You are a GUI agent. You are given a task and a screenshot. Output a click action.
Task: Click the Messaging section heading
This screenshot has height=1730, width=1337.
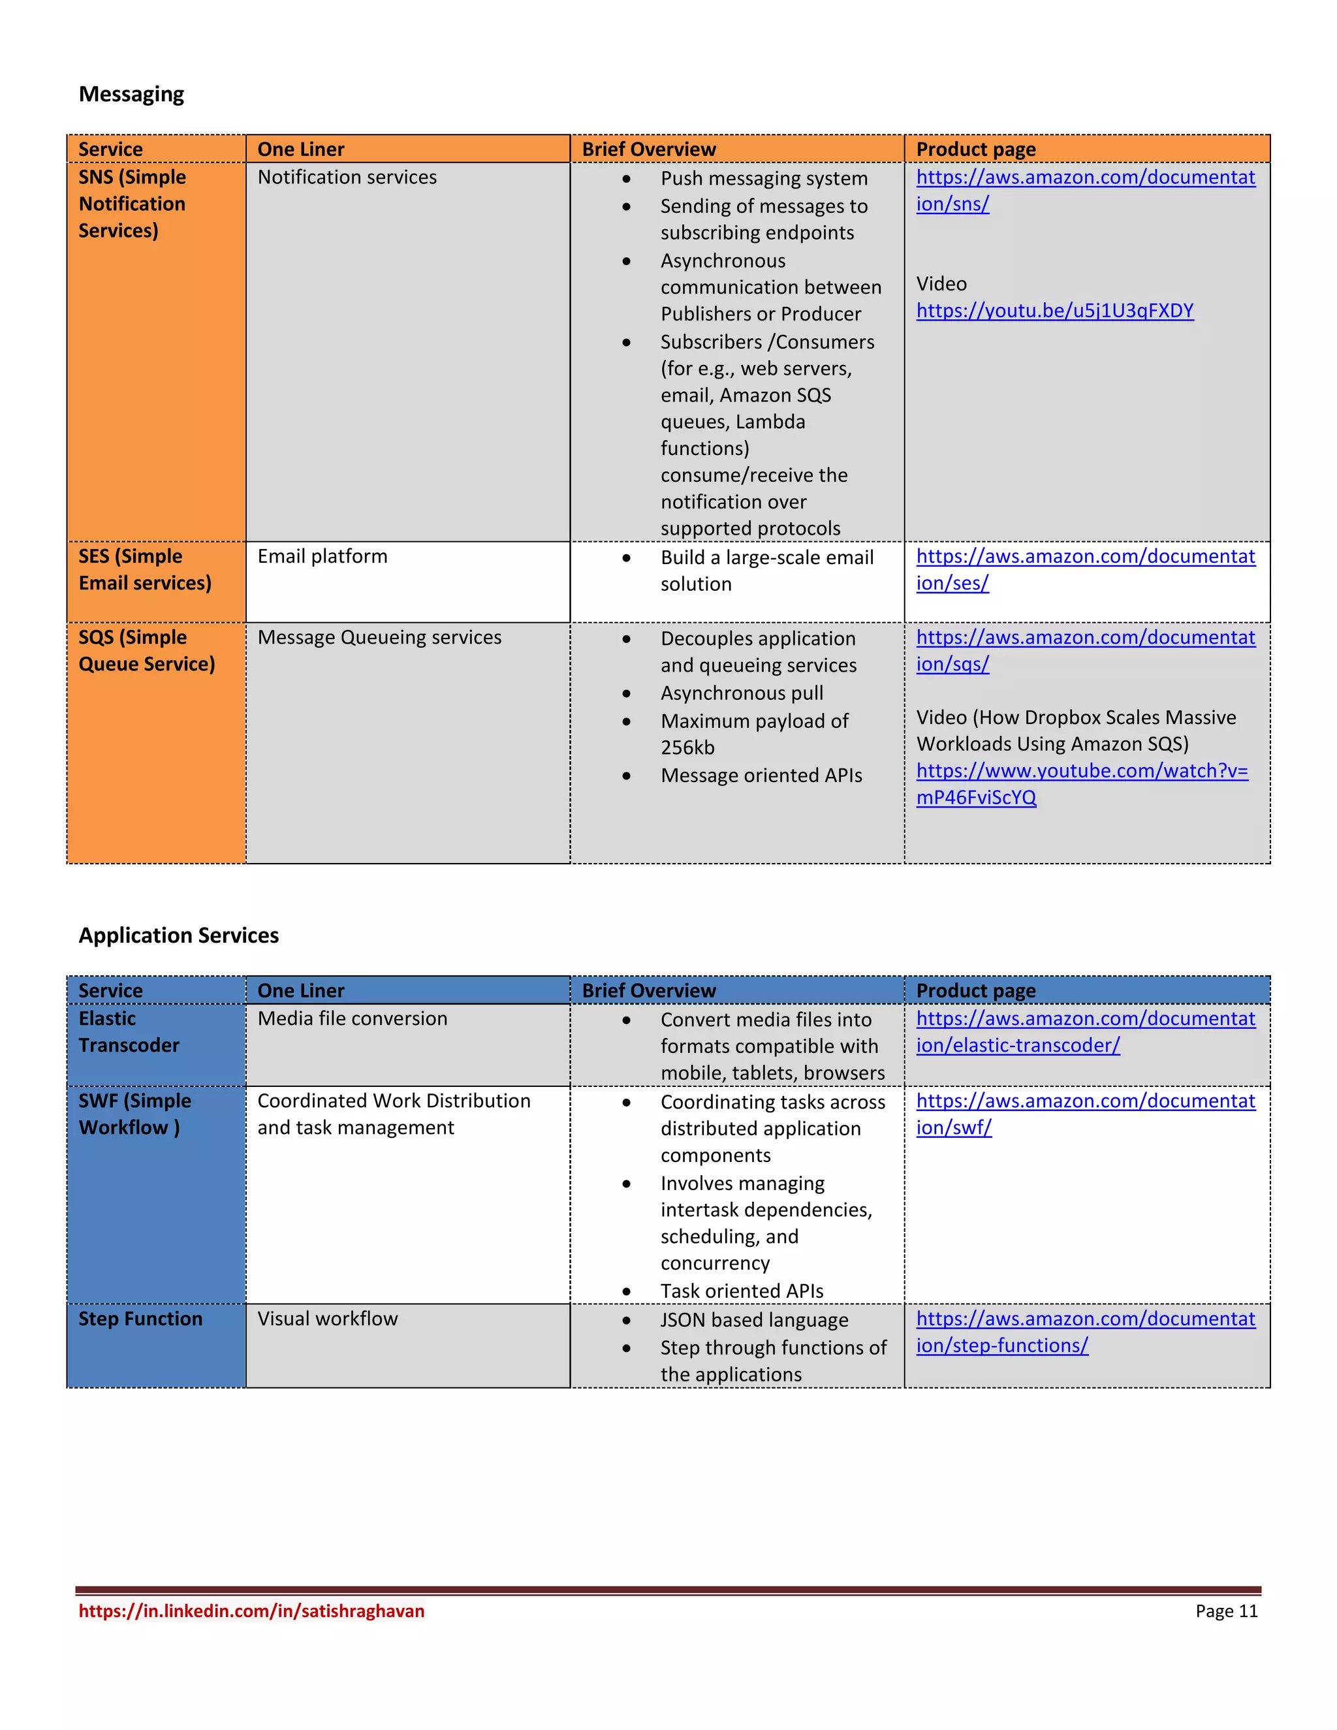point(131,94)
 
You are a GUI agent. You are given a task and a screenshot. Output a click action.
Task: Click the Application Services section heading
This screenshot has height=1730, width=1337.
point(178,936)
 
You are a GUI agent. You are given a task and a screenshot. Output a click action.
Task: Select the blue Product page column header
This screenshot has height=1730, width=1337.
point(975,990)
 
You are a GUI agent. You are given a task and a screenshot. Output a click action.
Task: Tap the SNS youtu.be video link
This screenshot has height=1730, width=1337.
point(1054,311)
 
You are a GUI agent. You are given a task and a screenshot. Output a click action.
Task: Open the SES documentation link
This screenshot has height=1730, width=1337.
point(1084,569)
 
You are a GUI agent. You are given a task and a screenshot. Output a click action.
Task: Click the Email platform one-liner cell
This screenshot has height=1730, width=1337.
point(322,556)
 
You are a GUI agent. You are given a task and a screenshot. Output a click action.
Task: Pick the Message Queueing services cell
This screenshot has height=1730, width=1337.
point(379,637)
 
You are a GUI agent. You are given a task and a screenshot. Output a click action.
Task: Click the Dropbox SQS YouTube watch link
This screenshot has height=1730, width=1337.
point(1081,783)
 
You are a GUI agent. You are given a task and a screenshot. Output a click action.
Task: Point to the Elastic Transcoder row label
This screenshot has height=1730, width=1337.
point(129,1031)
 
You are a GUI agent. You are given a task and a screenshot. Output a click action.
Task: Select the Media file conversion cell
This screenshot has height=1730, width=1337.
point(352,1018)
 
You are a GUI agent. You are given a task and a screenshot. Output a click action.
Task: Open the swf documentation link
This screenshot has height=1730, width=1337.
point(1084,1114)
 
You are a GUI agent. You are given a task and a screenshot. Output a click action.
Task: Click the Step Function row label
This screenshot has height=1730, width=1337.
point(140,1318)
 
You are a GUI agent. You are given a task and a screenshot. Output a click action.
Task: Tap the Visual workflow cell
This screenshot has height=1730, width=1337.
point(327,1318)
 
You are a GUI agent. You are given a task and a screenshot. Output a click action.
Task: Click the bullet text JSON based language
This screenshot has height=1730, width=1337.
point(753,1319)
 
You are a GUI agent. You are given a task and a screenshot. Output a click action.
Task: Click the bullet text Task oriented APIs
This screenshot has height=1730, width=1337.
point(742,1291)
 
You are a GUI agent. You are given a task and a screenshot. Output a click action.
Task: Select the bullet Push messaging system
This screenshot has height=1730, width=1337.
point(764,178)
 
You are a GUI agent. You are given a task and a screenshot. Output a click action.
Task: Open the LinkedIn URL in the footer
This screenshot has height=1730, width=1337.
point(251,1611)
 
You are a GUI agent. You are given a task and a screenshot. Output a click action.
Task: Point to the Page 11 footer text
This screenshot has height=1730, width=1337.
point(1225,1611)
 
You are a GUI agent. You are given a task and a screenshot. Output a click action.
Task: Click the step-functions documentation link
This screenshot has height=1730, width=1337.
point(1084,1332)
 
